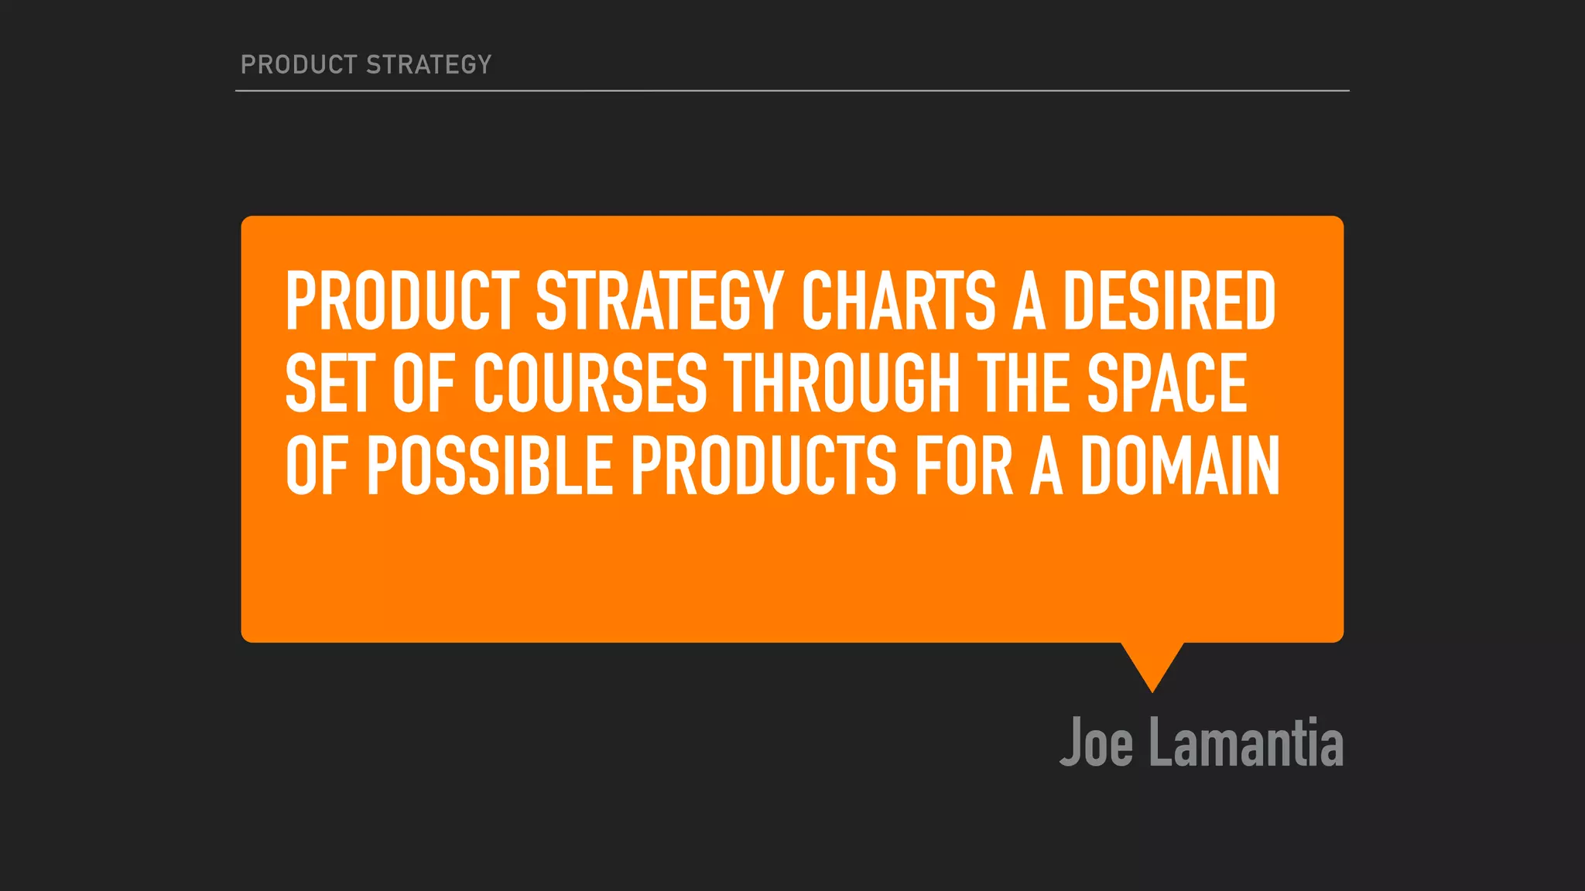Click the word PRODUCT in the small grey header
(299, 64)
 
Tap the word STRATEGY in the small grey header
(429, 64)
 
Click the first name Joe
(1096, 742)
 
